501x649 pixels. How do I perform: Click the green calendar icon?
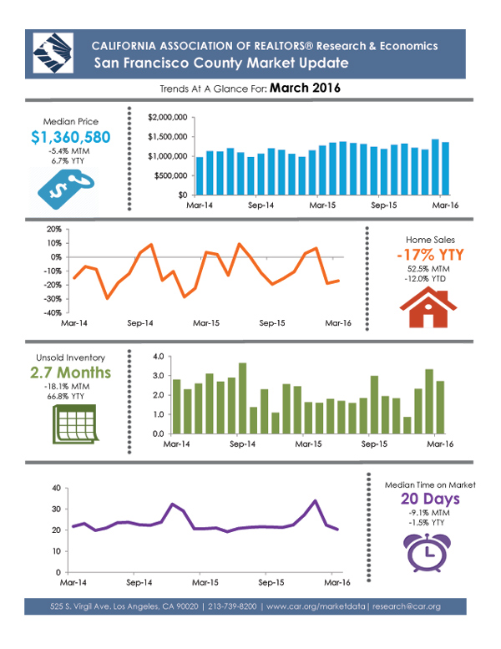pos(69,424)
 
